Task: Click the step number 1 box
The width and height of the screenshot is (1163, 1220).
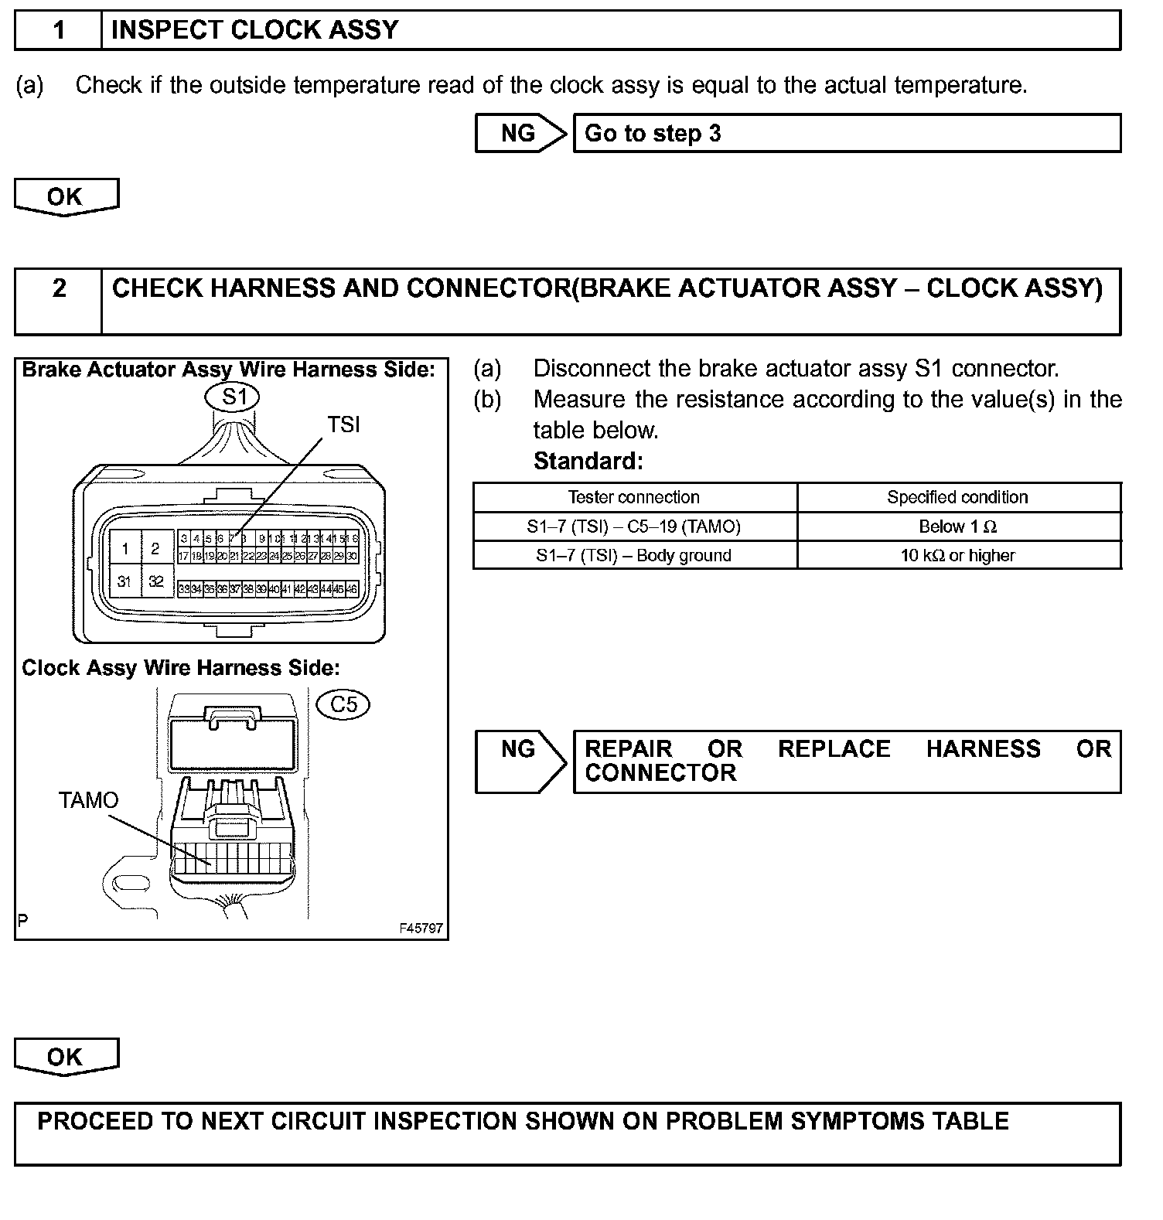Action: coord(59,30)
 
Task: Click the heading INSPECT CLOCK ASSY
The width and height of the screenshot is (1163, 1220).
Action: coord(254,30)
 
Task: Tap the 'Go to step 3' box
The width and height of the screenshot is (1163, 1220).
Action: coord(847,133)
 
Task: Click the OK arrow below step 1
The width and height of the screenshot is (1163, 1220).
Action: coord(66,196)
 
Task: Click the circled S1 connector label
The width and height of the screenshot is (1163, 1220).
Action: coord(232,397)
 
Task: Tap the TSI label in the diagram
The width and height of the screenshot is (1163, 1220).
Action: coord(343,424)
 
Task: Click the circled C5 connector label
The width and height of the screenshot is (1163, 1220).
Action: coord(343,704)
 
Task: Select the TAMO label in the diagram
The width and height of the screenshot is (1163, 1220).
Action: coord(89,800)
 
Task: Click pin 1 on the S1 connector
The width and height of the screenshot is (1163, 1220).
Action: coord(124,549)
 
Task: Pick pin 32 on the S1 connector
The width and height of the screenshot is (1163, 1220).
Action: coord(155,581)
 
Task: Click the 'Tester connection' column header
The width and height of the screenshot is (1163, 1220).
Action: coord(634,497)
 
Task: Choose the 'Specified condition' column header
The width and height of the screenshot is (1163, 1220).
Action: coord(957,497)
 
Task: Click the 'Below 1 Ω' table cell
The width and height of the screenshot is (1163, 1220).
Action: coord(957,527)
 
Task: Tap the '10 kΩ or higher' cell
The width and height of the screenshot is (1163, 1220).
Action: coord(957,555)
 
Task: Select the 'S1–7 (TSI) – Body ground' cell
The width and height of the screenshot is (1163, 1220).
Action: coord(634,555)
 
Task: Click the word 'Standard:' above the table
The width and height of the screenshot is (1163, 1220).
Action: coord(588,461)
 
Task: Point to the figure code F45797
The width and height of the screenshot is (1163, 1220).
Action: coord(421,928)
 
